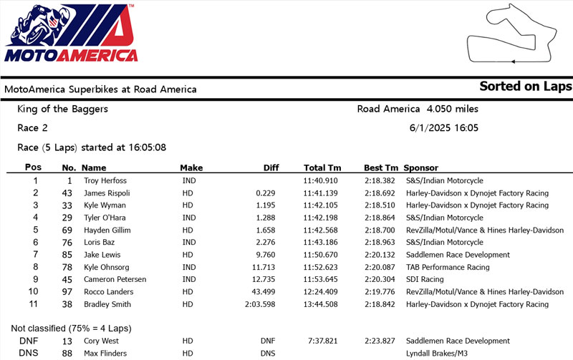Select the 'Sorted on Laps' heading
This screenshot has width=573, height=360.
pos(526,87)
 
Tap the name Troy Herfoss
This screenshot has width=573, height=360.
pos(106,180)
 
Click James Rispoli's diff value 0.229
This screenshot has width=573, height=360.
pos(267,193)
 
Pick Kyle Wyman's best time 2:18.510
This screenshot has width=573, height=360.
pos(380,205)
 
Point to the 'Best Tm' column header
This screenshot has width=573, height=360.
pos(380,167)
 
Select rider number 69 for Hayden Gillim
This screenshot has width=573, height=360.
pos(69,230)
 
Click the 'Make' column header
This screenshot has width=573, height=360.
pos(191,167)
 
